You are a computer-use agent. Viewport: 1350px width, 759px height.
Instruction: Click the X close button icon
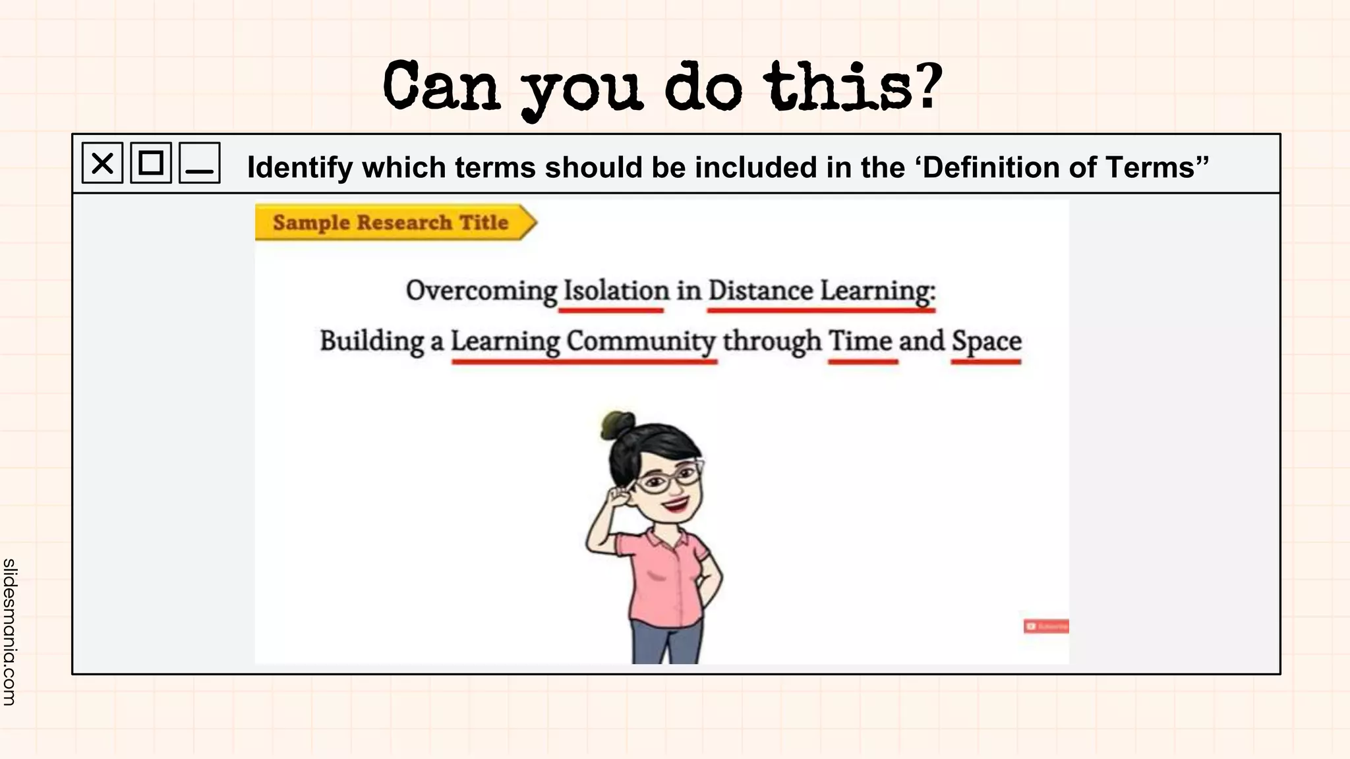102,163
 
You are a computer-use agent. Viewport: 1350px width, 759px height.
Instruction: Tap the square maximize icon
151,163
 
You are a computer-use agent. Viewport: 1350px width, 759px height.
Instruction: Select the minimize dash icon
200,163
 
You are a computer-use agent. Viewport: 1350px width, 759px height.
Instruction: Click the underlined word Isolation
616,291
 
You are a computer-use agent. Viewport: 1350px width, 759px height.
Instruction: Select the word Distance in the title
761,291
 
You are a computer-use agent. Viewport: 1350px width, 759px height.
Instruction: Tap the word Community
640,341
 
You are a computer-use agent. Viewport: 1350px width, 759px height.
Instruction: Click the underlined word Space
986,341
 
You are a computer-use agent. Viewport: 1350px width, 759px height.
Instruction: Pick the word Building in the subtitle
372,341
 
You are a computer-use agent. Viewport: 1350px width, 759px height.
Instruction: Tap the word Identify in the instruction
300,167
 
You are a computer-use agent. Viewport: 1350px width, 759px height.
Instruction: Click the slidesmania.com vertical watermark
9,631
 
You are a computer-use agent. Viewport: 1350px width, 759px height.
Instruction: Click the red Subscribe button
1046,626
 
